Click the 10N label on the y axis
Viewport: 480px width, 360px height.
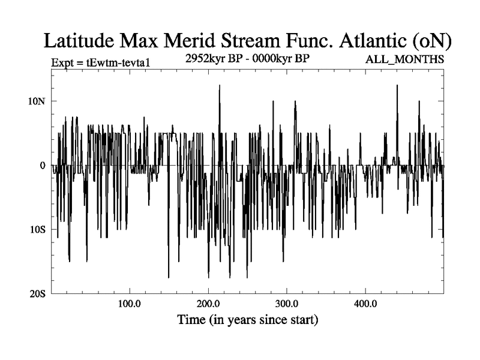point(37,100)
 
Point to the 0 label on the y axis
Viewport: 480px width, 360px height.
point(43,165)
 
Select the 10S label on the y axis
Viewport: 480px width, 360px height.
point(37,230)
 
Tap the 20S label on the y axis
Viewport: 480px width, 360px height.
point(37,294)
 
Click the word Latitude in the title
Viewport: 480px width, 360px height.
point(77,40)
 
